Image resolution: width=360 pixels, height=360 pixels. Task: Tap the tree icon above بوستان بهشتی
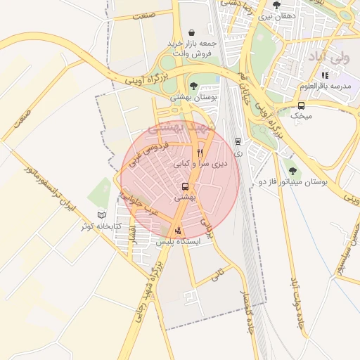193,85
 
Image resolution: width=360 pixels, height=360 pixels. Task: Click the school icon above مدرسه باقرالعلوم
324,75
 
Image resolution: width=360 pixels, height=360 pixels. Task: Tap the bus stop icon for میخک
301,106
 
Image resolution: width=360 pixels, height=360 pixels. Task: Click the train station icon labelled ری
238,141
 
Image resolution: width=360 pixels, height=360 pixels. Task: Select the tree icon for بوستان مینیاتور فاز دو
292,172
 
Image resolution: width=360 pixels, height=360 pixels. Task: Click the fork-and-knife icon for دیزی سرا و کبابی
200,153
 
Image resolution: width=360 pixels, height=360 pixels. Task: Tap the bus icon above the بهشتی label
185,186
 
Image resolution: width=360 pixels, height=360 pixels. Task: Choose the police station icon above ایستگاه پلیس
178,230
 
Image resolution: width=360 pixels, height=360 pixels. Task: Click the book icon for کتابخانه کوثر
101,215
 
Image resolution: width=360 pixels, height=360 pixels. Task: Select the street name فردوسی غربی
150,155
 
